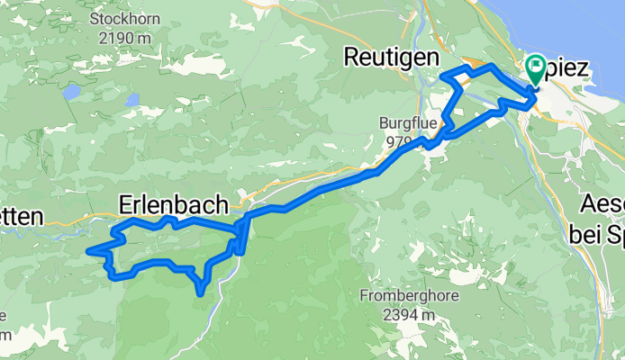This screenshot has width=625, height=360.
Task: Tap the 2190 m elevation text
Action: pos(125,38)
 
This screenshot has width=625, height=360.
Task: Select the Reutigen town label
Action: pos(391,58)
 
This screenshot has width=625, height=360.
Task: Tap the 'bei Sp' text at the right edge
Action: pos(597,233)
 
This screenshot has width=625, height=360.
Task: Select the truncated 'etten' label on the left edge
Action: pos(22,216)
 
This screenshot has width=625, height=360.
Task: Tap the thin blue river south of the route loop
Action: pos(213,310)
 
